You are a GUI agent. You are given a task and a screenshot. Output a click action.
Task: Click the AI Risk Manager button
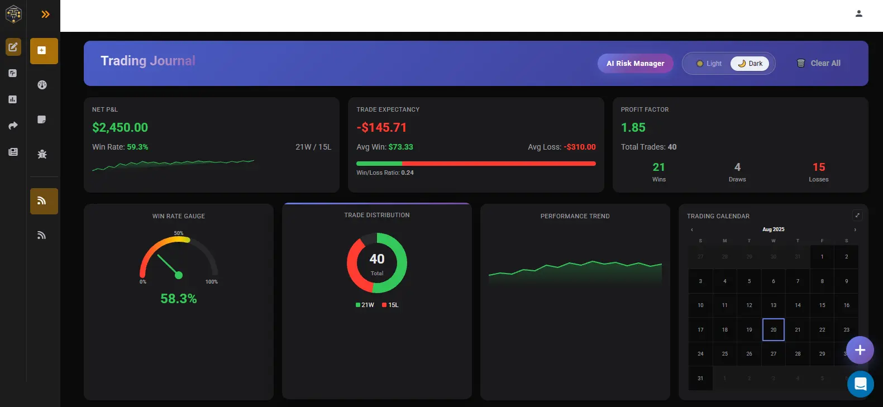point(635,63)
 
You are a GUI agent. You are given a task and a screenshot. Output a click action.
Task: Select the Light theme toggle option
point(709,64)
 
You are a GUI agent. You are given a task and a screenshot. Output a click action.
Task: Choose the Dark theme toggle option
point(750,64)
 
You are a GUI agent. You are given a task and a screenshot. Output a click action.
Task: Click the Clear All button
point(818,63)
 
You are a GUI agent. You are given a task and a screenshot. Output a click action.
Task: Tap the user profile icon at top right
point(858,14)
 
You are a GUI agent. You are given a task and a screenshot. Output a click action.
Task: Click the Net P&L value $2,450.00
point(120,127)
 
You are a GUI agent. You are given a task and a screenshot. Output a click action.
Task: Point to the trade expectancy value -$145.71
point(381,127)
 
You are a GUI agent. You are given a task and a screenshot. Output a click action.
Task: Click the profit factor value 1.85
point(633,127)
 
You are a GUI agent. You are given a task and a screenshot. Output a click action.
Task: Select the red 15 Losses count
point(818,167)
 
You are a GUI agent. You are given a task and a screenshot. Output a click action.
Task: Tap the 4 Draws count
point(737,167)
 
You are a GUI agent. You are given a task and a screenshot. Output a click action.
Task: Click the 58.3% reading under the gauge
point(178,299)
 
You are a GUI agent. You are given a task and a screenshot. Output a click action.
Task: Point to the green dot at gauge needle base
point(179,275)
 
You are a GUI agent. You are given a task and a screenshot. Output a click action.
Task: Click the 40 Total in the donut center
point(377,259)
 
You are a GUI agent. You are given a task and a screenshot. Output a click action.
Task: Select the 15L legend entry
point(390,305)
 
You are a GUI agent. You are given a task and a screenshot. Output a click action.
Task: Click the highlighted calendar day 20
point(773,329)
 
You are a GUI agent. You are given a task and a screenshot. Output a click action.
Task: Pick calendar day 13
point(773,305)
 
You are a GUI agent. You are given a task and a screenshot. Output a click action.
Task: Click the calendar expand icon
point(857,216)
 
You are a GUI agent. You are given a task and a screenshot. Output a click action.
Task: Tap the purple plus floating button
point(860,350)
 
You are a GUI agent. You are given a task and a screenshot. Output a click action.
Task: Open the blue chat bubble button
point(860,384)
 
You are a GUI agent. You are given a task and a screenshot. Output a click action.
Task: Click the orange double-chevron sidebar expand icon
point(45,14)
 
